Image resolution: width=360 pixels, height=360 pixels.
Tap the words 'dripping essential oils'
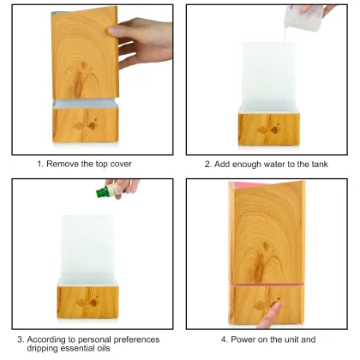[67, 348]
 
